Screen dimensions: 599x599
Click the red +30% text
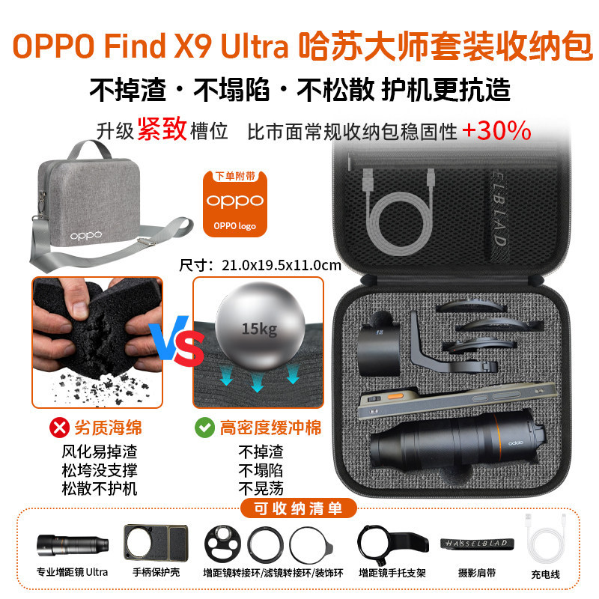(496, 130)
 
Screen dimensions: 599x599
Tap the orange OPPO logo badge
(234, 204)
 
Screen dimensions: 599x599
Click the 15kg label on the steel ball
(259, 329)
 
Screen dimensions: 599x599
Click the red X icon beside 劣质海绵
(59, 428)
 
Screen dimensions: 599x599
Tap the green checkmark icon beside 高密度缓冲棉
(204, 428)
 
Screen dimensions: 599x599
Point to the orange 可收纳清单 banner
(298, 508)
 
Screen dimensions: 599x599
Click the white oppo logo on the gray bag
(86, 235)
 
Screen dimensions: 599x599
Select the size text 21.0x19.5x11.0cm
(282, 265)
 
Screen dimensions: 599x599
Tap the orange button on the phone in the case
(395, 397)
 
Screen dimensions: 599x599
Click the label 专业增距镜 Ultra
(72, 572)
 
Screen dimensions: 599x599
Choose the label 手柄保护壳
(156, 572)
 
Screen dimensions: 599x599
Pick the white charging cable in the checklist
(545, 538)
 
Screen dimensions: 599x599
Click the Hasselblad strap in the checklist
(477, 544)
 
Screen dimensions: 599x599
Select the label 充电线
(546, 574)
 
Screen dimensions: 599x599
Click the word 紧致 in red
(162, 129)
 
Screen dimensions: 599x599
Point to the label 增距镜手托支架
(392, 573)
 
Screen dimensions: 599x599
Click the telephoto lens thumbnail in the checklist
(73, 545)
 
